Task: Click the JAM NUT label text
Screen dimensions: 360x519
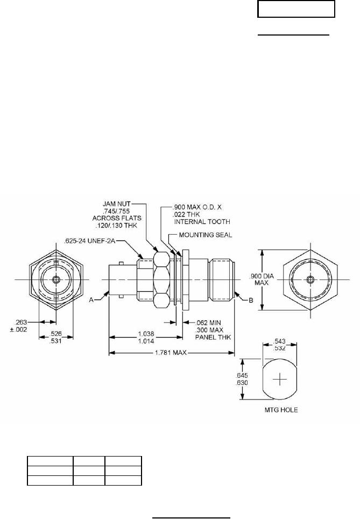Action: tap(116, 204)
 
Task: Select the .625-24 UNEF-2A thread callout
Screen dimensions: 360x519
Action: tap(90, 241)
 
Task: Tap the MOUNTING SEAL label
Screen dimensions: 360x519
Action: tap(206, 235)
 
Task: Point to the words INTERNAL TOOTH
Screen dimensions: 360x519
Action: tap(202, 221)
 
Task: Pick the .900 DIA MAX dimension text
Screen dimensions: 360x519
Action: tap(262, 280)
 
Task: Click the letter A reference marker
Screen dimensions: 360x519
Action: tap(91, 300)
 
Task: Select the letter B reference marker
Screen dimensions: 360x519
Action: tap(251, 300)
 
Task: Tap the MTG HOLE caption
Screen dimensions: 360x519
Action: tap(281, 410)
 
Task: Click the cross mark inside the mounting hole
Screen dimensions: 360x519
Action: tap(280, 379)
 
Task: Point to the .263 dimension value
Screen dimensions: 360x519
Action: tap(20, 322)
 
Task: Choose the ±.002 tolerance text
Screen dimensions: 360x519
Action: tap(18, 329)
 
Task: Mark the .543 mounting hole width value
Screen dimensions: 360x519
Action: tap(280, 341)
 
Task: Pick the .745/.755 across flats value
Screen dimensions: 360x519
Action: tap(116, 211)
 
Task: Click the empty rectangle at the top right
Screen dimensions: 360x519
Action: tap(296, 9)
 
